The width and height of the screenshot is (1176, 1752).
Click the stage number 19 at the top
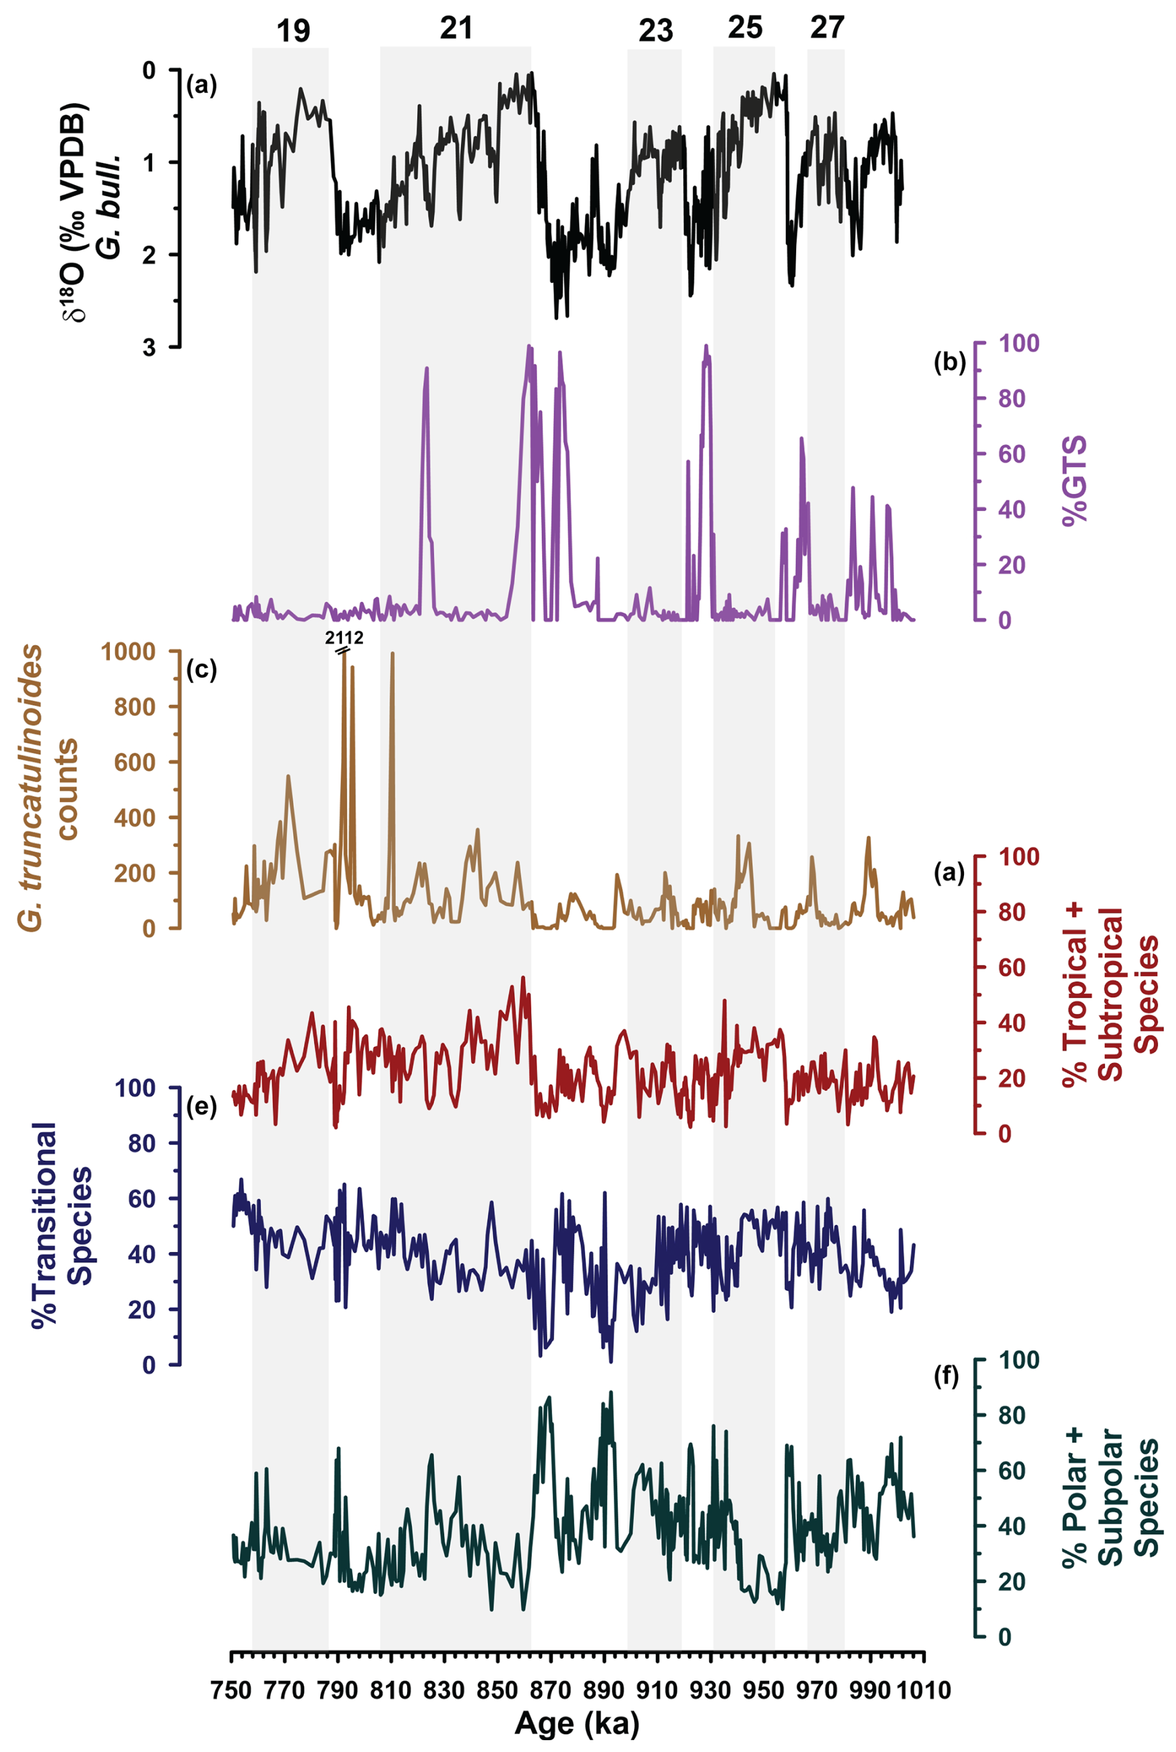click(x=293, y=32)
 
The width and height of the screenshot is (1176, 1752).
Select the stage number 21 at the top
click(x=456, y=29)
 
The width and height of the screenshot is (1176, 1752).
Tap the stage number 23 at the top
click(x=656, y=32)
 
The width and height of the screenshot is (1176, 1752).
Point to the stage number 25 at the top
click(x=745, y=29)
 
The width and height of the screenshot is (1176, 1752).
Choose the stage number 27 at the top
click(x=827, y=29)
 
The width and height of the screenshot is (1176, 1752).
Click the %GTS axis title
click(x=1074, y=482)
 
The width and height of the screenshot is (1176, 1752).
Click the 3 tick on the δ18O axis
click(x=149, y=348)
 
